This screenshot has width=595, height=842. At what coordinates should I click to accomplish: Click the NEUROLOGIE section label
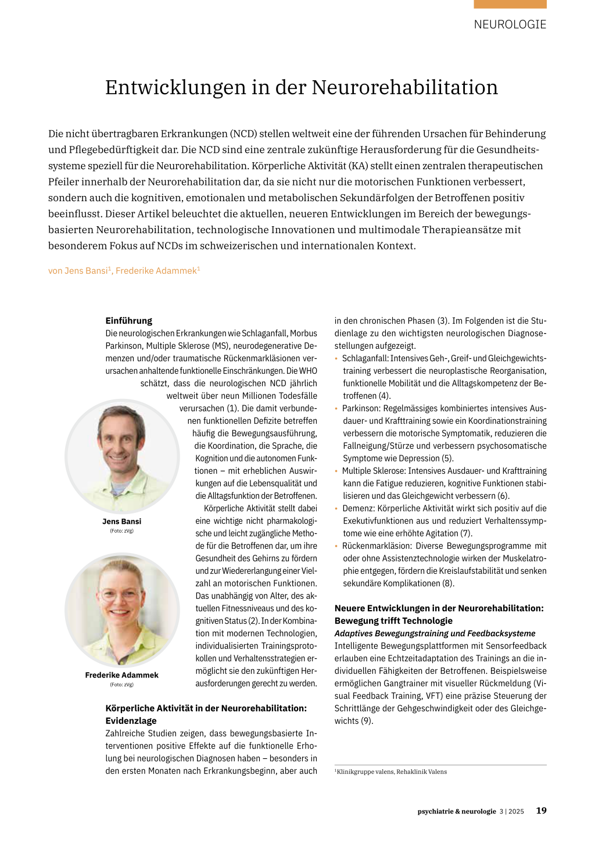(x=510, y=24)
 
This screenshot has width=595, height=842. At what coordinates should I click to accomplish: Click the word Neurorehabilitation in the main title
(x=404, y=87)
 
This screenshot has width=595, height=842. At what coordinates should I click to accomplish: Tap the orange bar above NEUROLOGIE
(x=510, y=4)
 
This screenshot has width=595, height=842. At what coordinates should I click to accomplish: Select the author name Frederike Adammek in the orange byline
(x=156, y=271)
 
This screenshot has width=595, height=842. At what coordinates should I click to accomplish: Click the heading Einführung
(x=128, y=320)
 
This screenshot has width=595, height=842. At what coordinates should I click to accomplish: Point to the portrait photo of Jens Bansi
(x=122, y=456)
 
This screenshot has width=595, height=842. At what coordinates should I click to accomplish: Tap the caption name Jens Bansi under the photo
(x=121, y=522)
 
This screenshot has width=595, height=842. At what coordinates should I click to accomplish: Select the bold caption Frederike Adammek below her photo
(x=121, y=675)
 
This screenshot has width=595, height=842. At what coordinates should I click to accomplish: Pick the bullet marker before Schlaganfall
(x=336, y=359)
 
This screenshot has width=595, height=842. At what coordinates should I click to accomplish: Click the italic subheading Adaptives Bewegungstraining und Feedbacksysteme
(x=435, y=634)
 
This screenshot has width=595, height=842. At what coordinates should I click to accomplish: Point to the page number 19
(x=541, y=811)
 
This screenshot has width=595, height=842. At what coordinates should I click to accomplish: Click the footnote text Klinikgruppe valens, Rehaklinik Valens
(x=392, y=772)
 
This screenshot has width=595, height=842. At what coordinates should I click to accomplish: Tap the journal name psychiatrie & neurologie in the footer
(x=457, y=811)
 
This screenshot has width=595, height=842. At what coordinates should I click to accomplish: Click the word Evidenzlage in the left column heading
(x=131, y=721)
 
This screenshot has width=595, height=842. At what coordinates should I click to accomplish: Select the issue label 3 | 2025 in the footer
(x=511, y=811)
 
